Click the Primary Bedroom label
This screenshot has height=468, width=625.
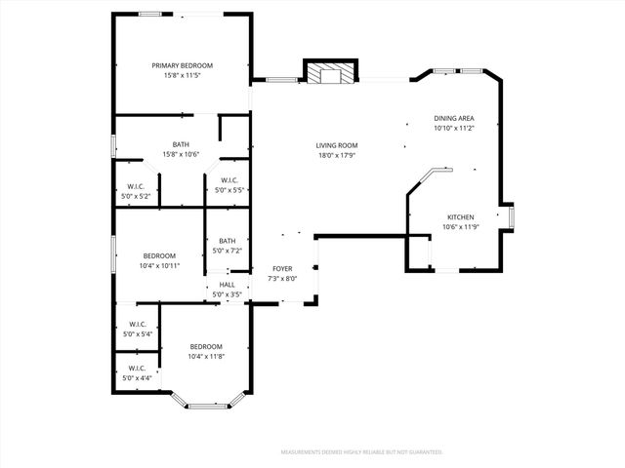tap(182, 65)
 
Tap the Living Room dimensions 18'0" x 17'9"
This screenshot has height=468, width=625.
tap(336, 155)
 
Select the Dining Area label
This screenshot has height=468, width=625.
tap(453, 118)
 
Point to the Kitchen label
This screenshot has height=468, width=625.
tap(460, 216)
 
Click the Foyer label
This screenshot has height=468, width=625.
tap(282, 267)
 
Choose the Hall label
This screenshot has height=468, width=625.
tap(227, 285)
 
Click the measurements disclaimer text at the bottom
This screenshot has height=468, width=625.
tap(361, 452)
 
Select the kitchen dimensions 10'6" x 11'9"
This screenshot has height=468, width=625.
tap(460, 227)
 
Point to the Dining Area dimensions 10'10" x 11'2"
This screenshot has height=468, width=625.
tap(453, 128)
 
